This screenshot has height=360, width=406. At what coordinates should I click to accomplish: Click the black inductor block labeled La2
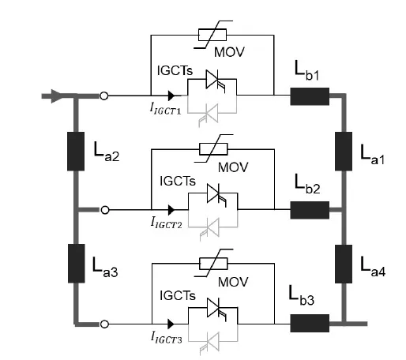pos(76,152)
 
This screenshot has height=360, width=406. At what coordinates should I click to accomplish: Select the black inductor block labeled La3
pos(77,264)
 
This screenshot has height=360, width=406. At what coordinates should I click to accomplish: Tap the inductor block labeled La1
pos(344,152)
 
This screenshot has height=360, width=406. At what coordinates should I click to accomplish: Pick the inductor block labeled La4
pos(344,264)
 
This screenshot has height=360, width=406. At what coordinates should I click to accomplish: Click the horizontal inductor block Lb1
pos(310,96)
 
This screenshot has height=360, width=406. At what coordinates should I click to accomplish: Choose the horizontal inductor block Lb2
pos(310,210)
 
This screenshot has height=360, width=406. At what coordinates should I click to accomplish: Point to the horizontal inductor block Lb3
pos(310,323)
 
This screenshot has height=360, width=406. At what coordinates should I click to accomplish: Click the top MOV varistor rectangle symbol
pos(212,35)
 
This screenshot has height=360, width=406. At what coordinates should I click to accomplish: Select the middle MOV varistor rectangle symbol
pos(213,149)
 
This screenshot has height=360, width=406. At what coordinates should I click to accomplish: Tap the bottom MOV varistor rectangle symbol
pos(213,264)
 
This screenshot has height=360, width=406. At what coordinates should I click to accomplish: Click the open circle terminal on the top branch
pos(104,96)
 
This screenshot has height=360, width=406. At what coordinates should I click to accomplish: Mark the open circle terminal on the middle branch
pos(105,210)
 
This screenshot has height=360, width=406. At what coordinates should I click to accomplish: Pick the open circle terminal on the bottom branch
pos(104,324)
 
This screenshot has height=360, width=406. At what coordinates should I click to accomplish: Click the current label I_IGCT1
pos(165,108)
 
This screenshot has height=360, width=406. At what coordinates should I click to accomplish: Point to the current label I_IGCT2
pos(166,223)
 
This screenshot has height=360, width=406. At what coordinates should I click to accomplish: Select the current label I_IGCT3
pos(166,337)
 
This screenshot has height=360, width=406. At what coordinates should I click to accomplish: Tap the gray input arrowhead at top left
pos(56,96)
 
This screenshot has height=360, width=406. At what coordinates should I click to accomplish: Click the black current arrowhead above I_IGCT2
pos(171,210)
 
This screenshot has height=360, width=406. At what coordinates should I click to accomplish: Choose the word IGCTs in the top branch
pos(175,70)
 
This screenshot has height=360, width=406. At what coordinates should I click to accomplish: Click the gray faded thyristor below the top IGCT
pos(209,114)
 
